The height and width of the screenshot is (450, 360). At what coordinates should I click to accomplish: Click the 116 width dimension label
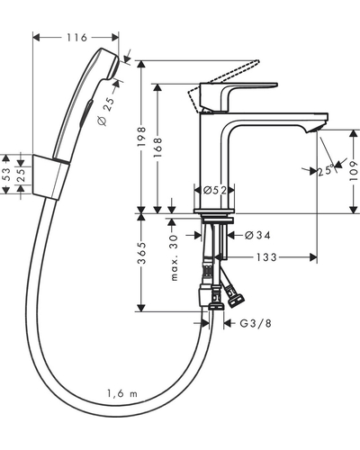click(76, 38)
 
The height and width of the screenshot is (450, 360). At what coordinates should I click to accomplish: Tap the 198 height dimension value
click(141, 137)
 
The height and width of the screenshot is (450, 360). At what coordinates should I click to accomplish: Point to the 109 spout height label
click(354, 171)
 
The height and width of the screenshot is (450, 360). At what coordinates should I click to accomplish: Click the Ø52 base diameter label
click(215, 190)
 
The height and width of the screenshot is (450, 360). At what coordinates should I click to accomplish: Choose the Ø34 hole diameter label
click(257, 235)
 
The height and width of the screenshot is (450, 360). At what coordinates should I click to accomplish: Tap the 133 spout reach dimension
click(266, 257)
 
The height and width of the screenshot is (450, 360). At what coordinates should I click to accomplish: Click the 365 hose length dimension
click(141, 253)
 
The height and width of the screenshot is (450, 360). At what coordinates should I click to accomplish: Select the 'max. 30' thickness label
click(174, 257)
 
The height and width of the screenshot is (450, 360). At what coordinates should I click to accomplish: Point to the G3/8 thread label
click(256, 323)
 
